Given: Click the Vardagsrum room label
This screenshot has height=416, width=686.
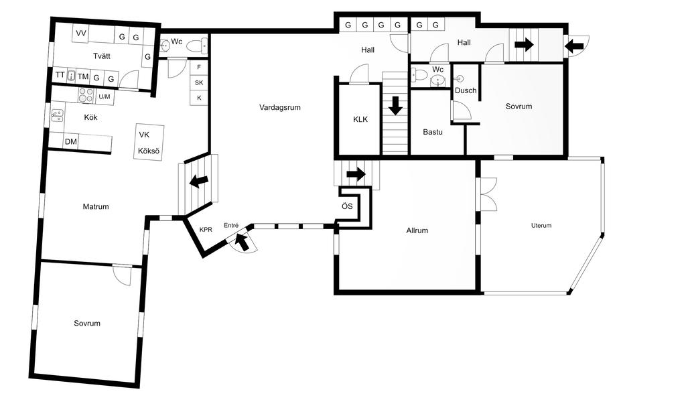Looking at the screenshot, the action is (279, 107).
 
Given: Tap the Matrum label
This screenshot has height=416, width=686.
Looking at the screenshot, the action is (96, 206).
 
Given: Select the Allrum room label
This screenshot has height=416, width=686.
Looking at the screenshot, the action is (417, 230).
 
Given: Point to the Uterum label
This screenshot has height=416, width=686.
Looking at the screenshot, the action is (541, 226).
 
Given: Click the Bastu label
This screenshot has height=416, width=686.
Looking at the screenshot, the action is (433, 132).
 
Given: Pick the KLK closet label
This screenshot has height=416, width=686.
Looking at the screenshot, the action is (360, 119).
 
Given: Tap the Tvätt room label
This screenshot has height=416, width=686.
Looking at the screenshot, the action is (102, 56).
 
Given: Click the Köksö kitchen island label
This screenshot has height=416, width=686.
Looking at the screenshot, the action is (148, 151).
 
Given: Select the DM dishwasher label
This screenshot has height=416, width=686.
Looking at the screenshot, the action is (71, 142).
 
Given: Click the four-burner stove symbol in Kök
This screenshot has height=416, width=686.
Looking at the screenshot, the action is (86, 95).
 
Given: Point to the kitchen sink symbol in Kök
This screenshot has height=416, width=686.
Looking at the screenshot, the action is (57, 115).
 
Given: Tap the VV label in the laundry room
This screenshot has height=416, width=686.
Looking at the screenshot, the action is (81, 33).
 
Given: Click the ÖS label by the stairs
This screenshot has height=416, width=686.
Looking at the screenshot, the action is (347, 206).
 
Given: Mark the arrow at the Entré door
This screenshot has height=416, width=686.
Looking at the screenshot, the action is (241, 242).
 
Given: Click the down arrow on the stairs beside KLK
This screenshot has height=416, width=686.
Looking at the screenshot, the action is (395, 106).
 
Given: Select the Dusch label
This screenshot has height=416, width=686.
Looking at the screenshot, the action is (466, 90).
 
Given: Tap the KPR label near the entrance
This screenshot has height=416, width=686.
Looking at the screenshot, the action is (206, 230).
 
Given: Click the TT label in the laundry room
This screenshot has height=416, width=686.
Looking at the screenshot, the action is (60, 75).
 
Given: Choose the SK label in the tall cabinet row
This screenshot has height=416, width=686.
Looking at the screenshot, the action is (199, 82).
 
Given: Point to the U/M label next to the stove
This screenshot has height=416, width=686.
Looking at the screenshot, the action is (104, 96).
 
